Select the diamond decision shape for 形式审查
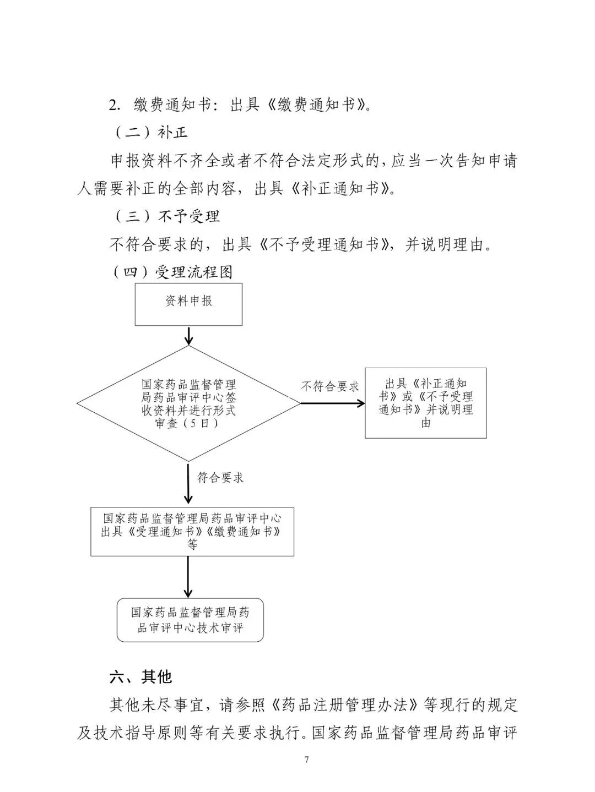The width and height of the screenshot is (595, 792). (x=188, y=403)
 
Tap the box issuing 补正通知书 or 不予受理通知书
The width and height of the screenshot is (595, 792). (x=425, y=403)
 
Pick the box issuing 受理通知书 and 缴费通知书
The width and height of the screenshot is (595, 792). (x=192, y=531)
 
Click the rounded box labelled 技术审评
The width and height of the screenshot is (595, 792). (x=190, y=620)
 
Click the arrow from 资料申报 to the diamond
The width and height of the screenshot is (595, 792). (x=188, y=335)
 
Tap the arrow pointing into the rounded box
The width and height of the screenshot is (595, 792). (x=188, y=576)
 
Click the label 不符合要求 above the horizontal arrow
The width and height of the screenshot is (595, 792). (x=329, y=386)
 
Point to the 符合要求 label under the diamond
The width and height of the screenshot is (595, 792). (x=220, y=478)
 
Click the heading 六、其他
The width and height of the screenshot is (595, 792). (x=141, y=676)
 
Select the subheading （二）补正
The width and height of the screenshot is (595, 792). (x=150, y=133)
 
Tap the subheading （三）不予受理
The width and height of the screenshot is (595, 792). (x=166, y=216)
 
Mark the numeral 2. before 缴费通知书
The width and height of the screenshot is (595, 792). (x=115, y=105)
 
